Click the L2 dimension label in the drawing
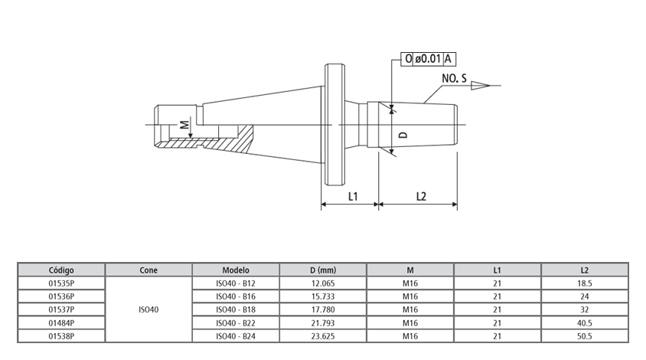pos(421,196)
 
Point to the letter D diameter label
pos(403,134)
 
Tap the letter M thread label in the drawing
pos(183,124)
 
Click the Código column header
pos(61,270)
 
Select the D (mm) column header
pos(323,270)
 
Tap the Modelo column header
pos(236,270)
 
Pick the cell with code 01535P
pos(61,283)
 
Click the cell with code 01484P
pos(61,322)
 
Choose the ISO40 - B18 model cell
pos(236,309)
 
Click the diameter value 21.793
pos(323,322)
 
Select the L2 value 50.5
pos(585,335)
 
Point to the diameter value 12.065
pos(323,283)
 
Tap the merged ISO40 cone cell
pos(148,309)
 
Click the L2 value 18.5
pos(585,283)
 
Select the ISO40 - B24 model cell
pos(236,335)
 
